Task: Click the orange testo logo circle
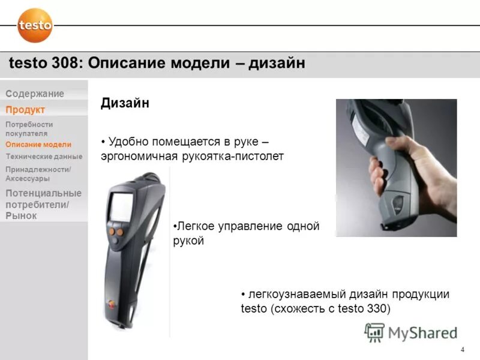click(35, 25)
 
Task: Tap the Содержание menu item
click(35, 94)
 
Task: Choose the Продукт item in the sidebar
click(25, 109)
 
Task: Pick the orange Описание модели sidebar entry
click(38, 145)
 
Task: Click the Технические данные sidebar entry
click(44, 156)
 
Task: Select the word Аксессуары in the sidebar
click(28, 179)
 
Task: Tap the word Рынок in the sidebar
click(21, 215)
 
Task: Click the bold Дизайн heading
click(125, 103)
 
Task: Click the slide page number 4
click(462, 350)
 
